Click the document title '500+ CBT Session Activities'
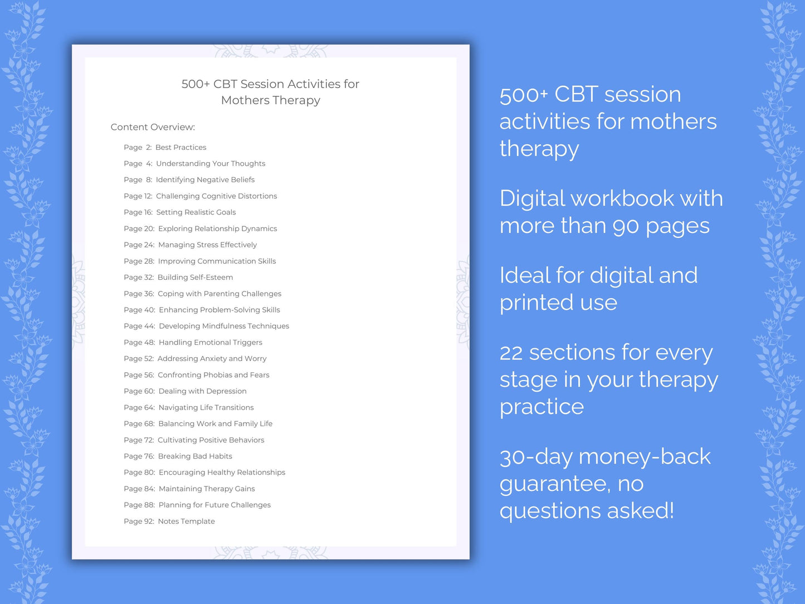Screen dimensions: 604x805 (270, 84)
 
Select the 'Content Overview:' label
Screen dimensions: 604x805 (153, 127)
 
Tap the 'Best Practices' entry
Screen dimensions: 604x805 (180, 148)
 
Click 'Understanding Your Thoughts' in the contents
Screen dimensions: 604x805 (211, 164)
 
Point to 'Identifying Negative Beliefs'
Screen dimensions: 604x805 (205, 180)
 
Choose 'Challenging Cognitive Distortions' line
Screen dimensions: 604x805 (216, 196)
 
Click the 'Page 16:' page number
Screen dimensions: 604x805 (138, 212)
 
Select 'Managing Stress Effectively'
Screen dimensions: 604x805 (207, 245)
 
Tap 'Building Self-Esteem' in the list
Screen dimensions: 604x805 (195, 277)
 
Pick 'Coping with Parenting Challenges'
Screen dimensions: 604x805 (219, 294)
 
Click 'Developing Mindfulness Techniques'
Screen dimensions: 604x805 (224, 327)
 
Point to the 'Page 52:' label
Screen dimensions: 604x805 (139, 359)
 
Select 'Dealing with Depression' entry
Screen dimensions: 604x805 (202, 391)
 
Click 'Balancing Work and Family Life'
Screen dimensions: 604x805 (215, 424)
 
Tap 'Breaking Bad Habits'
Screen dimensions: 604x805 (195, 456)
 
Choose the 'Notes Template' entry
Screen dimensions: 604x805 (186, 522)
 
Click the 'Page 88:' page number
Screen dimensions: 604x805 (139, 505)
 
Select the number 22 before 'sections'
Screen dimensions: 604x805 (511, 353)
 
